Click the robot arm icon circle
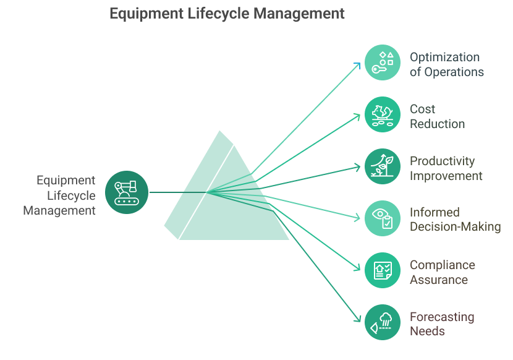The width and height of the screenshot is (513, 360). [127, 192]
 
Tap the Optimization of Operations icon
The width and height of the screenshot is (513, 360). [382, 63]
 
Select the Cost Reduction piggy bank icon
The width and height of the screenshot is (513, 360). [382, 114]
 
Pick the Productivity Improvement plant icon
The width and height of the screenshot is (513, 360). [382, 166]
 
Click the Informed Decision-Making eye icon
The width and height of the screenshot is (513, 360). [382, 218]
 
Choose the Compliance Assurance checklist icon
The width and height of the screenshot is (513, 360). [382, 270]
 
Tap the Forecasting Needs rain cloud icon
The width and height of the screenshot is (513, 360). [382, 322]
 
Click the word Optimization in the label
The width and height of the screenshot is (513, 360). [444, 57]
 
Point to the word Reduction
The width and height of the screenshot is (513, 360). [437, 124]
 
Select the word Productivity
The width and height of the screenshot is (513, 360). [442, 161]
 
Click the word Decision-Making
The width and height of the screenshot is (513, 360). [455, 226]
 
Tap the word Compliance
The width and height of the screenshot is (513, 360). [442, 265]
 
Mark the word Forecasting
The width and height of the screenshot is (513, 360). [442, 317]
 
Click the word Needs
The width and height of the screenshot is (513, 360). [427, 331]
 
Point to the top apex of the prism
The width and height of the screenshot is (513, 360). [219, 129]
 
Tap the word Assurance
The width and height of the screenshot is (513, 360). [439, 280]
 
